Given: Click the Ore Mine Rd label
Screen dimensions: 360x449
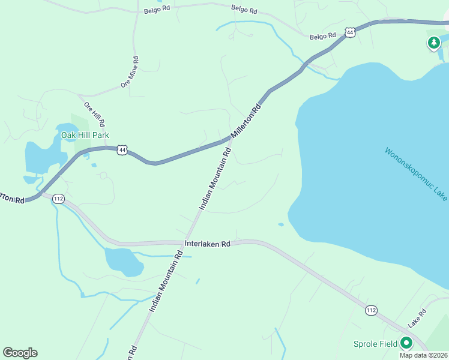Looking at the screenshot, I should (130, 73).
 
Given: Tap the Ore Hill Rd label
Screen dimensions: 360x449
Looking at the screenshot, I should (95, 115).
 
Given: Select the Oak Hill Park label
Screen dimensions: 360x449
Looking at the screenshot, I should (85, 136).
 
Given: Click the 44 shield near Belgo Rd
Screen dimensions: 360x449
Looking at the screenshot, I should (351, 32).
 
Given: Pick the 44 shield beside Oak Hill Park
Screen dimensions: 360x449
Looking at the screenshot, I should (122, 149).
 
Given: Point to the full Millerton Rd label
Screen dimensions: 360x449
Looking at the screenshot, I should (247, 120).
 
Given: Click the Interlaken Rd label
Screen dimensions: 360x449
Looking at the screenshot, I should (208, 244).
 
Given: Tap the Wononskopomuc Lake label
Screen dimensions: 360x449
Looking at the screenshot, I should (416, 174).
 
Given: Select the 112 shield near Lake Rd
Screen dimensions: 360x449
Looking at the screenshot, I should (370, 310).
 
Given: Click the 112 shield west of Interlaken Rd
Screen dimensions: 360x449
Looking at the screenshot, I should (58, 199).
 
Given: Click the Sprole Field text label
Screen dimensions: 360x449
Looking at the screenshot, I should (375, 344).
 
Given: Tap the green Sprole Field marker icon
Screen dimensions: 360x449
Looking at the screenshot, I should (406, 343).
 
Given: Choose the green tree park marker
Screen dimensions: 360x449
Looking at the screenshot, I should (433, 43).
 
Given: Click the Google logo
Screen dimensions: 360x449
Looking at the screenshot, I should (20, 353).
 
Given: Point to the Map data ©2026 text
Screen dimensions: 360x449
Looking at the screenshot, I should (424, 355).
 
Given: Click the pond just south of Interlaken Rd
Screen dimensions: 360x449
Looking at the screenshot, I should (124, 261).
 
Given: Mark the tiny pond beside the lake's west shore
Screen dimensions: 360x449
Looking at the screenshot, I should (281, 225).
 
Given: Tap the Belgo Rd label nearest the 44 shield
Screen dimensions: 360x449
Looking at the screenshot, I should (323, 37).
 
